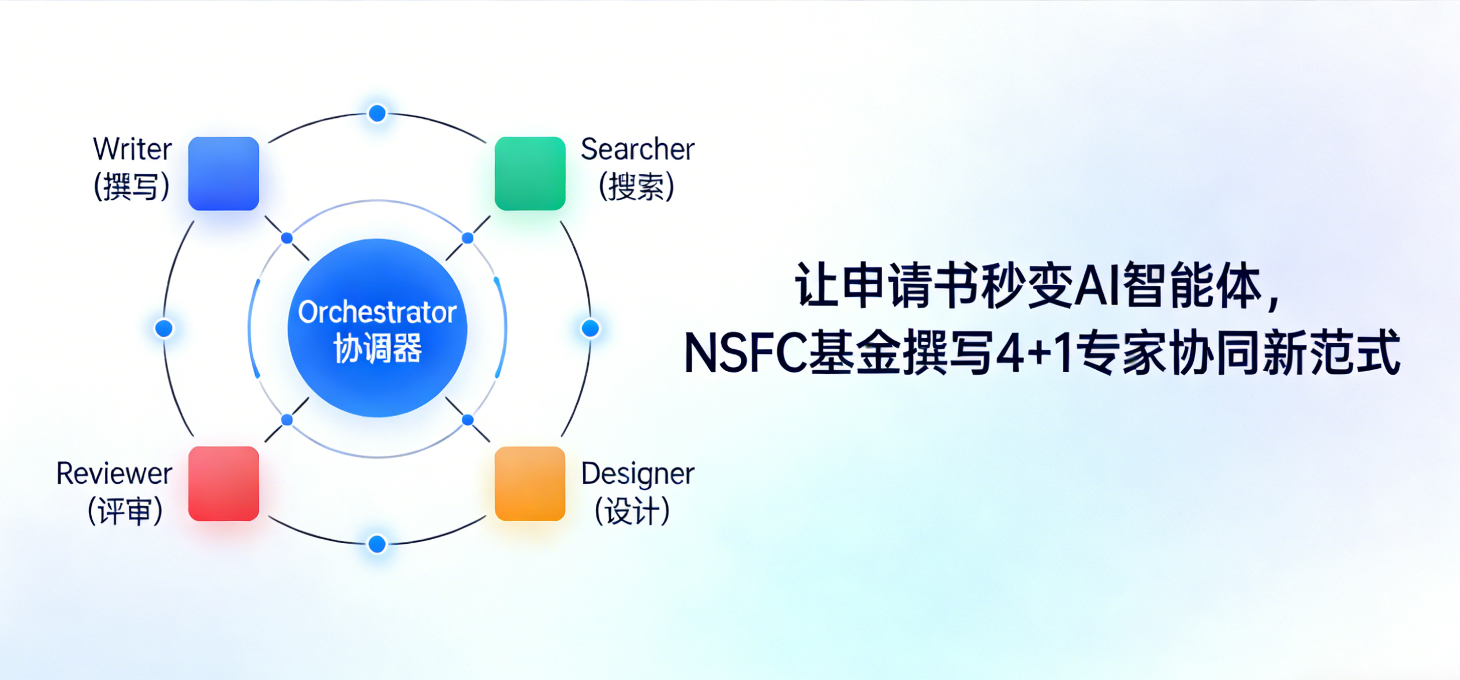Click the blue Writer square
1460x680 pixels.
click(223, 173)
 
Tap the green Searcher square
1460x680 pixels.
click(529, 173)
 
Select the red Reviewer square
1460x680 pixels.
click(223, 483)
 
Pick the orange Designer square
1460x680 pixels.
click(529, 483)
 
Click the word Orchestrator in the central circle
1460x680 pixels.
click(377, 312)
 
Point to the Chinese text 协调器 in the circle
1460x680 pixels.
click(377, 348)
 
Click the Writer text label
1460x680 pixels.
click(132, 150)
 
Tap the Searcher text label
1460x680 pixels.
click(637, 150)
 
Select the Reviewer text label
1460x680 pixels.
click(114, 474)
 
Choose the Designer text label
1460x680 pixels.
click(637, 474)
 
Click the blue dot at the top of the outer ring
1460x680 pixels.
click(377, 113)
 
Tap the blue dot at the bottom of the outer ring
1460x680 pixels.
click(377, 544)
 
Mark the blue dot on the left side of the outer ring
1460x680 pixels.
click(164, 328)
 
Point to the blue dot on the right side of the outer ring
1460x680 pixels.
click(590, 328)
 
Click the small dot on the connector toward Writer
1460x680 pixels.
click(287, 238)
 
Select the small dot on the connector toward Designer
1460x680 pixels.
click(468, 420)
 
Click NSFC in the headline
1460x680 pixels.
click(745, 353)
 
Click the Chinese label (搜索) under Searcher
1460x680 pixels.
click(636, 186)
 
